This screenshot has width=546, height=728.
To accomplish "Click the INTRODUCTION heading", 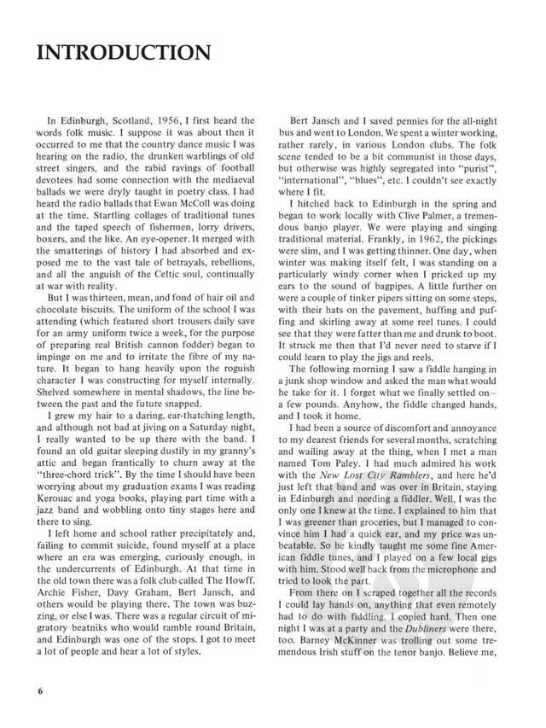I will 119,53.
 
